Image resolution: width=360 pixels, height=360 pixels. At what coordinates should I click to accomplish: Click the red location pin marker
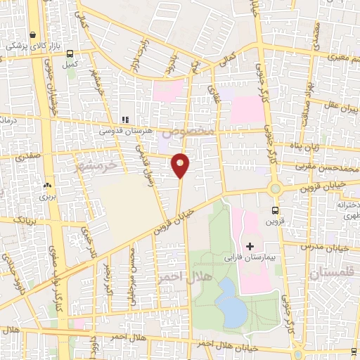point(181,165)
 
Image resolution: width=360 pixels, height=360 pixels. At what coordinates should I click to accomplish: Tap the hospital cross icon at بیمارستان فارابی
point(250,245)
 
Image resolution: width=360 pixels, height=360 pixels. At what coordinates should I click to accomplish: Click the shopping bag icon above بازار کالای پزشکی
point(33,34)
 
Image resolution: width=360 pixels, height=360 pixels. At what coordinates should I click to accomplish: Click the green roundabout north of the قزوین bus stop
point(274,188)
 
